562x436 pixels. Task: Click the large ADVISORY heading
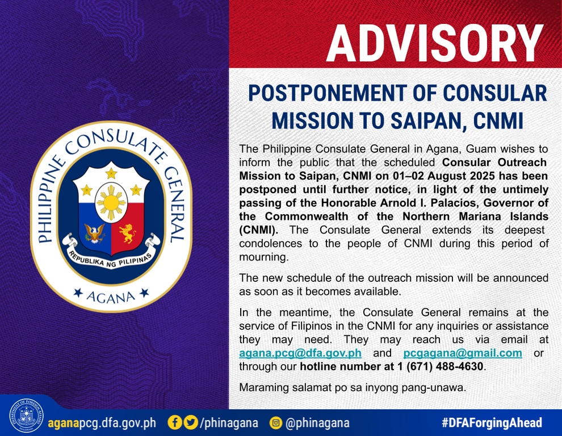[x=434, y=44]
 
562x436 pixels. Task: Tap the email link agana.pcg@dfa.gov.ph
[x=300, y=353]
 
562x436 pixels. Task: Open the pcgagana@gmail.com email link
[x=463, y=353]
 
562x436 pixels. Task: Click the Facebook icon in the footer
[x=175, y=422]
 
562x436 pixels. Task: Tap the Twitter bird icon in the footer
[x=191, y=422]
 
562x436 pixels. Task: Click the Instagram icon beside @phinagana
[x=276, y=423]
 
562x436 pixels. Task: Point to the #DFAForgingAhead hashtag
[x=492, y=423]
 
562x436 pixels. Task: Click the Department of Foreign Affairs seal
[x=27, y=416]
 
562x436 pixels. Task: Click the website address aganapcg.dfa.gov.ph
[x=102, y=423]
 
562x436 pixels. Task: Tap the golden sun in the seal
[x=111, y=203]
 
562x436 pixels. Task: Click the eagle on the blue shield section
[x=95, y=233]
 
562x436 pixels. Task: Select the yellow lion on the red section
[x=128, y=233]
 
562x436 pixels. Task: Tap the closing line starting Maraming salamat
[x=353, y=388]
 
